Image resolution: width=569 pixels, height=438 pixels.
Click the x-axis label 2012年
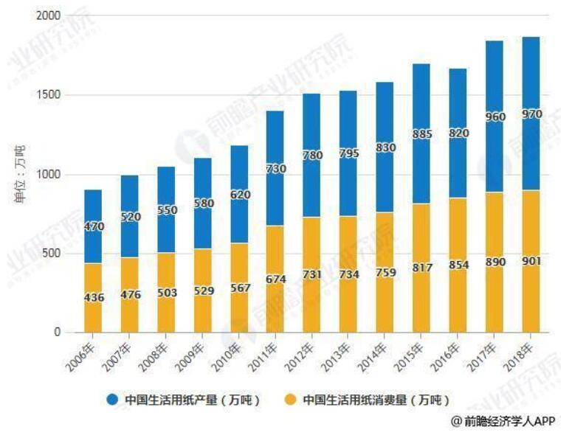[308, 353]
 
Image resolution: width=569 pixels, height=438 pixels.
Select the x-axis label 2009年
[199, 353]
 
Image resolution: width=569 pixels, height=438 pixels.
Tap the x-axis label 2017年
[490, 353]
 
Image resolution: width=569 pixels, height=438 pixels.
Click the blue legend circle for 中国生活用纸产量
[113, 399]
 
